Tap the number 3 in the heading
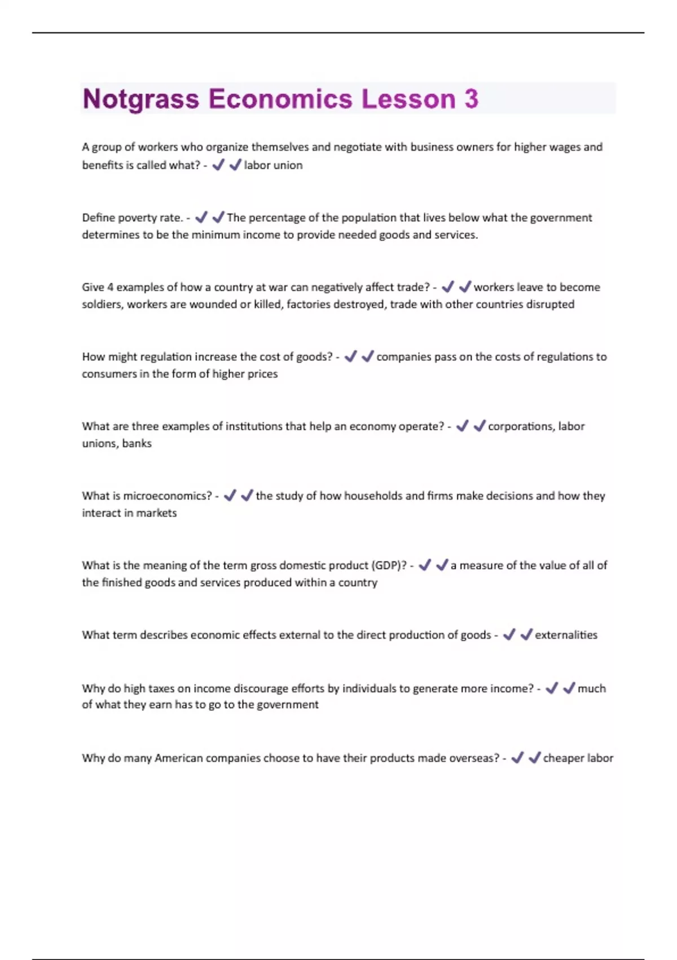coord(471,99)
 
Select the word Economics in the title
coord(280,99)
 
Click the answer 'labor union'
coord(273,165)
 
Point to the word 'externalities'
coord(566,635)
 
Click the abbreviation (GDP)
coord(389,566)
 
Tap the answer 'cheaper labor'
coord(578,758)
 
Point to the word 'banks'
coord(137,444)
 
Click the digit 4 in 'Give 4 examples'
coord(111,287)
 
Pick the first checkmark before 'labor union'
coord(218,165)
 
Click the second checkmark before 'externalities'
coord(526,635)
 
